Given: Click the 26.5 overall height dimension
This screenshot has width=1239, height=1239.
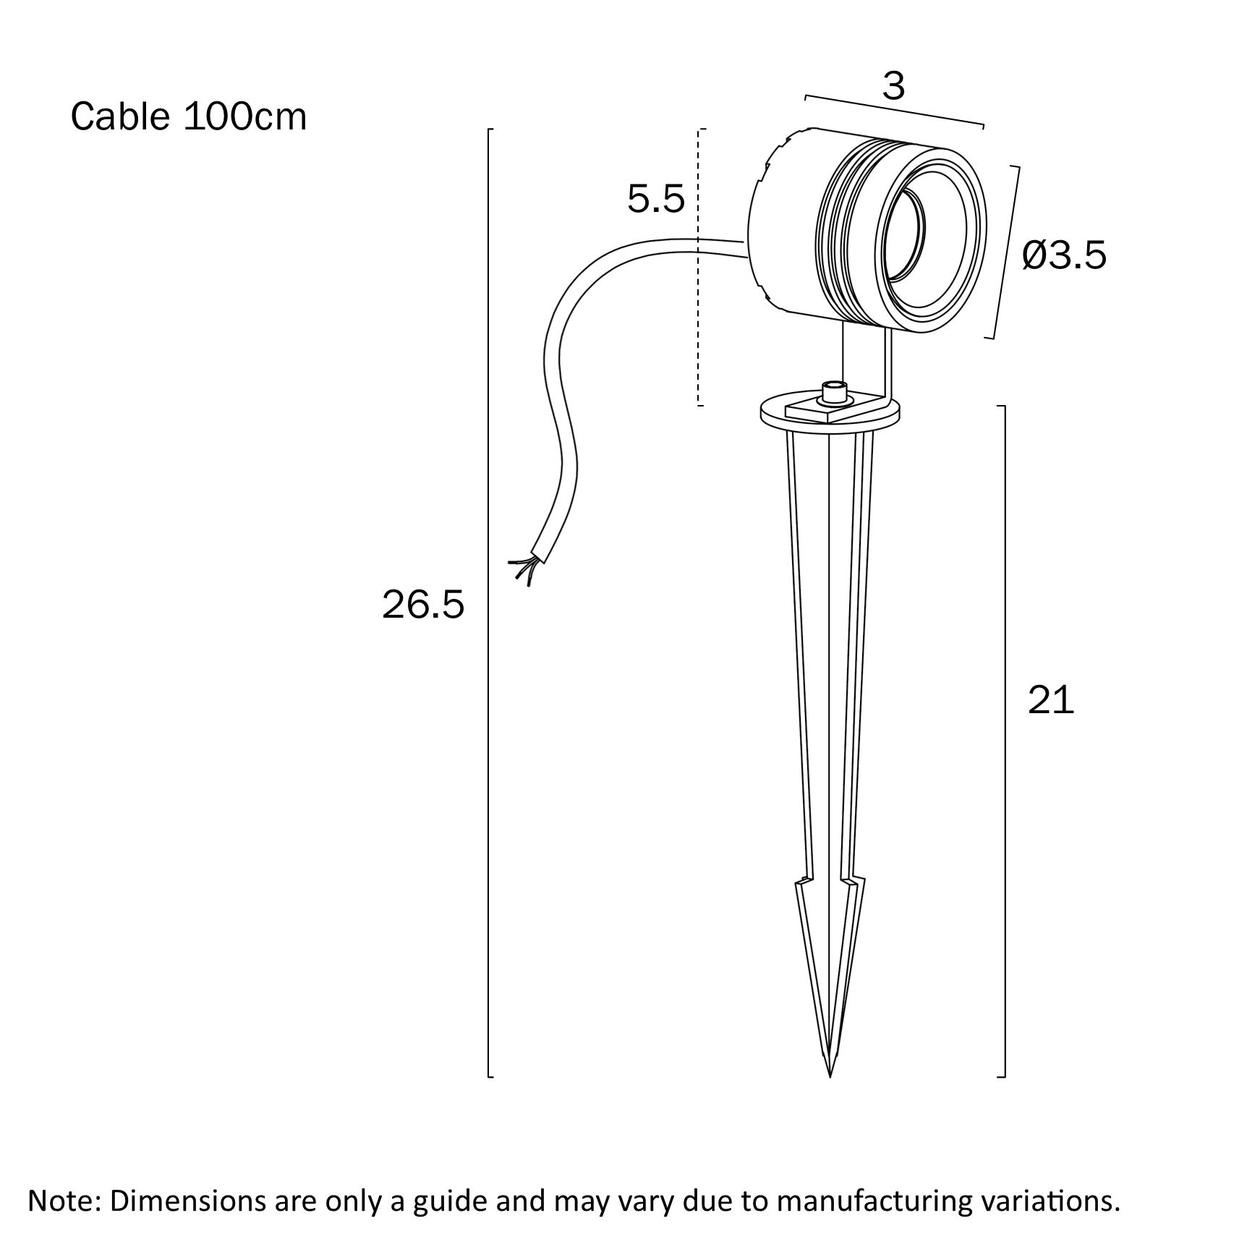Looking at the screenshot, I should (x=422, y=605).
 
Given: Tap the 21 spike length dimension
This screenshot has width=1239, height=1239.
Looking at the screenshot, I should (x=1051, y=700).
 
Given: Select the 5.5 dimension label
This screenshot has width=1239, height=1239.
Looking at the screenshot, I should (x=655, y=199).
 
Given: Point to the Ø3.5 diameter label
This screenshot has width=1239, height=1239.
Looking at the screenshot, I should (x=1064, y=255).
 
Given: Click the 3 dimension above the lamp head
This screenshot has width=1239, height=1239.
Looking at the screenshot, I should (x=894, y=88).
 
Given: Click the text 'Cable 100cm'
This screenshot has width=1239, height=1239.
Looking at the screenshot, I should (x=189, y=116).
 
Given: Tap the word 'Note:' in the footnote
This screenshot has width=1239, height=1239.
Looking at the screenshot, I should (x=64, y=1200).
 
